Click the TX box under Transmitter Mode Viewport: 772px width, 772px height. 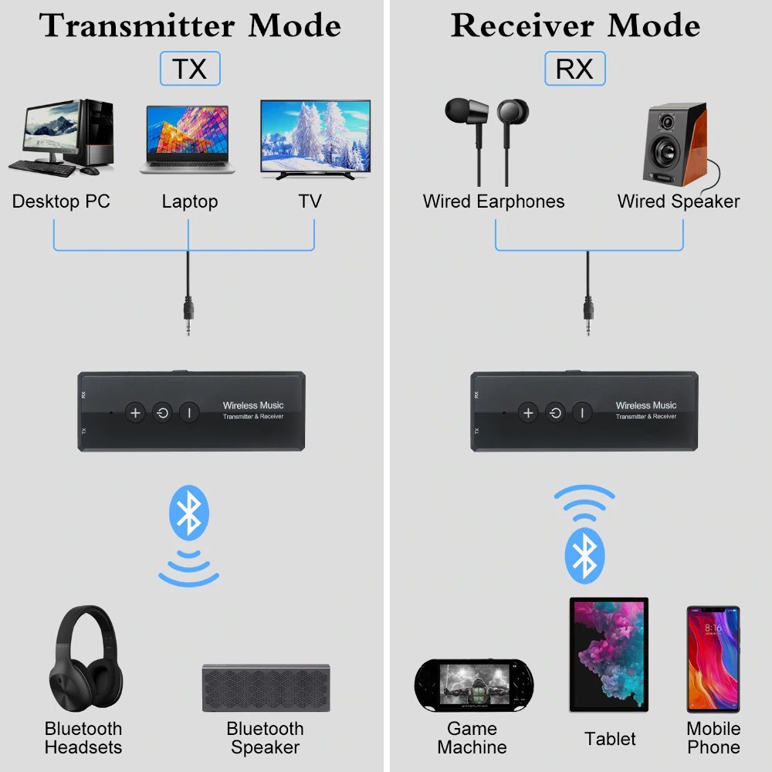189,69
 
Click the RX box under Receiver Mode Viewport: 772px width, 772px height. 574,69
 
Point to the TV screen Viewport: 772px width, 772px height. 315,137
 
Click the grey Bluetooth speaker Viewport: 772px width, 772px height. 266,687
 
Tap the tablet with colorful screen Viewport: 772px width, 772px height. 608,655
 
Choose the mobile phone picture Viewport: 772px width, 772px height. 713,660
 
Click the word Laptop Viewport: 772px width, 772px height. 189,202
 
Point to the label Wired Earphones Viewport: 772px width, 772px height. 493,202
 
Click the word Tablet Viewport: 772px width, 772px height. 610,739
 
